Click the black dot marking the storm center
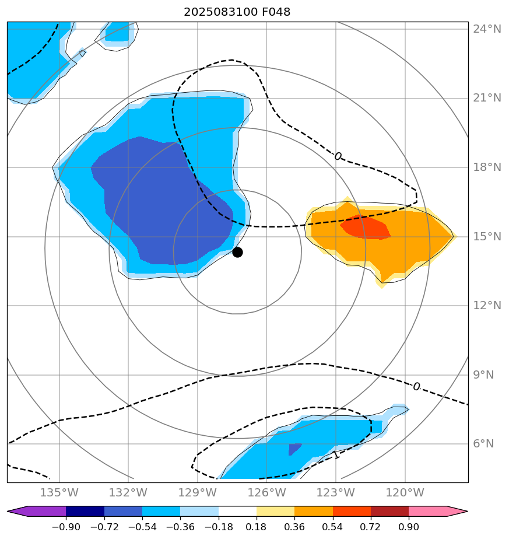click(237, 252)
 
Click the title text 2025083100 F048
click(237, 12)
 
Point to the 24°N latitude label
click(486, 29)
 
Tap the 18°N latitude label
click(486, 167)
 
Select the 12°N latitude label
click(486, 306)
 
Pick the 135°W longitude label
click(60, 492)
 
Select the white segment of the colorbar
click(237, 512)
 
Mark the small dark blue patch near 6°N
click(294, 449)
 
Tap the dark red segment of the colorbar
click(389, 512)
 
